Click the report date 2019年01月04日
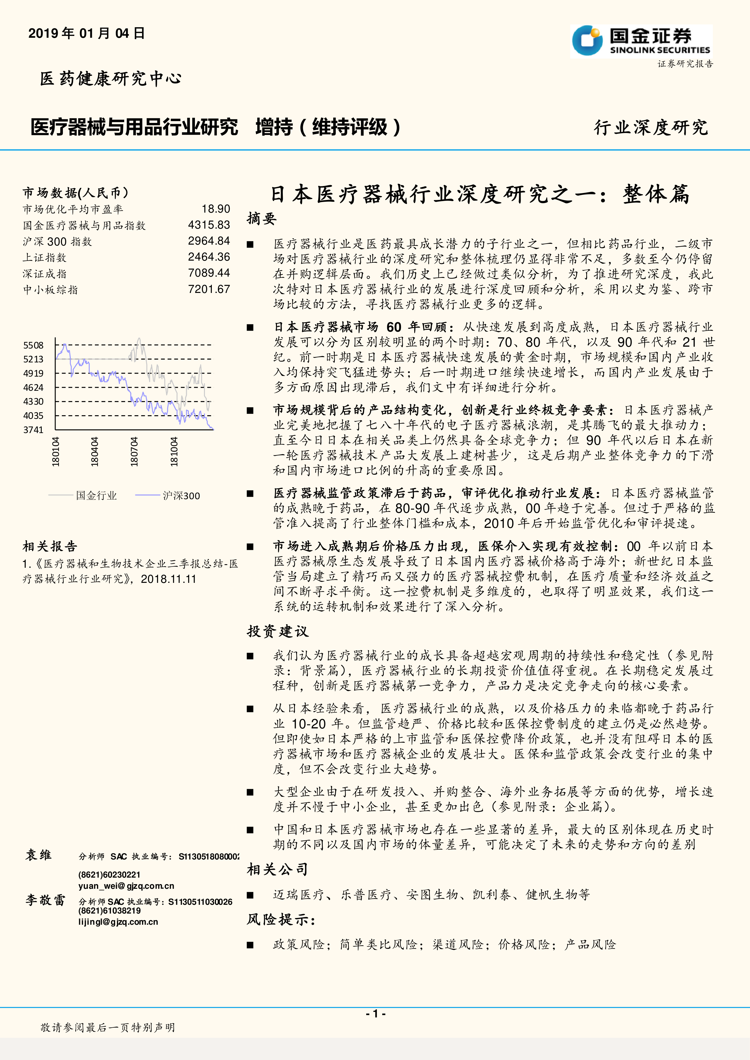pos(87,33)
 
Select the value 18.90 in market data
pos(216,209)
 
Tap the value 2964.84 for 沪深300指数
pos(209,241)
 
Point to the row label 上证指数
pos(44,258)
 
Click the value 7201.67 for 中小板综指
pos(209,290)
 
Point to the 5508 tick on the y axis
pos(33,345)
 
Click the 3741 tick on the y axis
pos(33,430)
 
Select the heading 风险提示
pos(281,919)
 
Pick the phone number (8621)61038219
pos(109,911)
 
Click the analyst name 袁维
pos(38,855)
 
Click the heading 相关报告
pos(50,547)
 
